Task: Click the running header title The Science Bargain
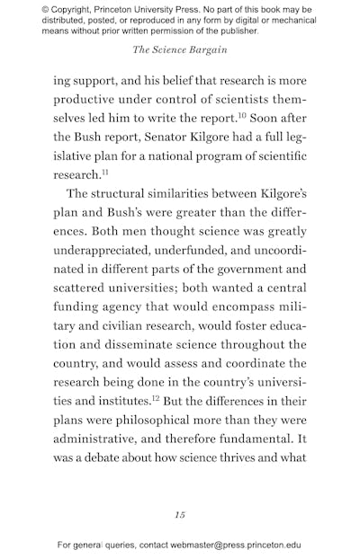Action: tap(179, 51)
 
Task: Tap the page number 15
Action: tap(180, 514)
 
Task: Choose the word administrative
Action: tap(102, 444)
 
